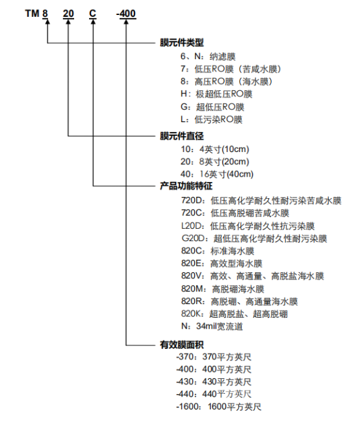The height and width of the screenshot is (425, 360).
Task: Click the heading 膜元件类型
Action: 182,42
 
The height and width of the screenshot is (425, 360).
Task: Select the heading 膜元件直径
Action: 182,136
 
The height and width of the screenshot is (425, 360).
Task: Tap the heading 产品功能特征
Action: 186,186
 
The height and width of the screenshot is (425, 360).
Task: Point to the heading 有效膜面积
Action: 182,345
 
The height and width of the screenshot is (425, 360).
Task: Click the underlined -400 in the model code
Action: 126,14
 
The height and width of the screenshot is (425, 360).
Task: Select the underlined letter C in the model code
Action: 93,14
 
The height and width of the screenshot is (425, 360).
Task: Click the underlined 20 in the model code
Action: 68,14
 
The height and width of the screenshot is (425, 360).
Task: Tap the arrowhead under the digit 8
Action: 47,21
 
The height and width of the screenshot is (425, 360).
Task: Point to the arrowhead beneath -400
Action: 126,21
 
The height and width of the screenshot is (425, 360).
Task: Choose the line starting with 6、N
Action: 208,57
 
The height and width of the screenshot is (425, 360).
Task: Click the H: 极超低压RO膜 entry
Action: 216,94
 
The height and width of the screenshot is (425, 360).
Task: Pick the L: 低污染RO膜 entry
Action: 211,120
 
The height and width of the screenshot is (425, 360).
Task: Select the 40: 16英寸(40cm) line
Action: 217,174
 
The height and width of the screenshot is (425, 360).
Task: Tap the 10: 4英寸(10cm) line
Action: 214,149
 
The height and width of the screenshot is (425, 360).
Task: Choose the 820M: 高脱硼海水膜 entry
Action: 222,289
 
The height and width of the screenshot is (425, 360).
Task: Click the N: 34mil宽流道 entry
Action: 212,326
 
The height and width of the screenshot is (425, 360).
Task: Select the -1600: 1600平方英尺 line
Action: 218,407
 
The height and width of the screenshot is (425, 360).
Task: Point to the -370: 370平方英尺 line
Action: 214,357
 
